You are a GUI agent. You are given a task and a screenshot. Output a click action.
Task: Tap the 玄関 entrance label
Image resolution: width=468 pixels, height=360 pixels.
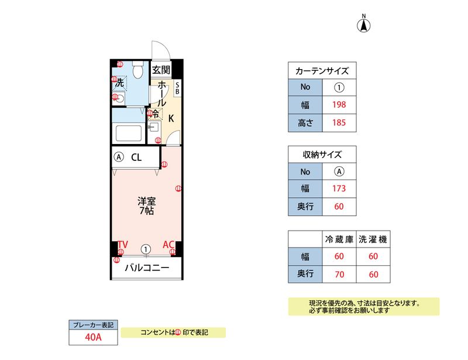pyautogui.click(x=161, y=70)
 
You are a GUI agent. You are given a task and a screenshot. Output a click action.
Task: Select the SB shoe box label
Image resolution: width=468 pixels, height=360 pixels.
pyautogui.click(x=178, y=88)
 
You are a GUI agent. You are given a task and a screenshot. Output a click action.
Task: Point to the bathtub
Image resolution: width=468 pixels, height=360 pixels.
pyautogui.click(x=129, y=133)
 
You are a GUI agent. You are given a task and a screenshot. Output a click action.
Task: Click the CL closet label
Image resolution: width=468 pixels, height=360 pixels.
pyautogui.click(x=136, y=157)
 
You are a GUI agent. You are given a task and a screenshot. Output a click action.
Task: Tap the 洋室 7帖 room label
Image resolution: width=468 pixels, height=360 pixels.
pyautogui.click(x=146, y=206)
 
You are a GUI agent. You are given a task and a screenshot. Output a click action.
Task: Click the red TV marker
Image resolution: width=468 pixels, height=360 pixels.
pyautogui.click(x=122, y=244)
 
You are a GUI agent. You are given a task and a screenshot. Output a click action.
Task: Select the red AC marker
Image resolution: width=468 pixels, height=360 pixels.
pyautogui.click(x=168, y=244)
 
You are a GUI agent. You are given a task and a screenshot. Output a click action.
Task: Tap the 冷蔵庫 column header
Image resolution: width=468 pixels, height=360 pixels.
pyautogui.click(x=339, y=239)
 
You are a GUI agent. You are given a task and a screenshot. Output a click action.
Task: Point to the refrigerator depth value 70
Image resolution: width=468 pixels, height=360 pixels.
pyautogui.click(x=339, y=273)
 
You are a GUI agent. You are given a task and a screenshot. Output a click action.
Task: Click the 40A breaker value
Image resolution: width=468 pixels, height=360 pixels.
pyautogui.click(x=93, y=337)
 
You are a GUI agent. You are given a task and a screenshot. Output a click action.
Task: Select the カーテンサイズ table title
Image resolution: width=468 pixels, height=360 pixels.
pyautogui.click(x=322, y=71)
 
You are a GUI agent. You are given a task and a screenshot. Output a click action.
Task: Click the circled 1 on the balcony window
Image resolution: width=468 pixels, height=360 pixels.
pyautogui.click(x=146, y=249)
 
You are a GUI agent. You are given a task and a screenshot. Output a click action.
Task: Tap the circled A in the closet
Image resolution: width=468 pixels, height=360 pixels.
pyautogui.click(x=119, y=157)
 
